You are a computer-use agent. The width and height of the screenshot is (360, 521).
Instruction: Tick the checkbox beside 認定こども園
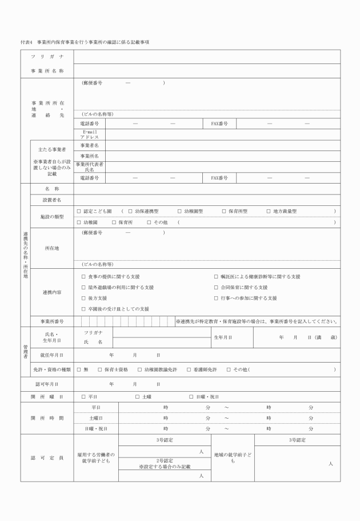point(79,211)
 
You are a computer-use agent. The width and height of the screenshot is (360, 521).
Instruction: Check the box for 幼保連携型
point(130,211)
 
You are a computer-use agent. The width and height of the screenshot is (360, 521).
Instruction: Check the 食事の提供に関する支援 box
point(83,276)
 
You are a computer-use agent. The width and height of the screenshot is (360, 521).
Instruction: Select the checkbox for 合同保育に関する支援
point(216,287)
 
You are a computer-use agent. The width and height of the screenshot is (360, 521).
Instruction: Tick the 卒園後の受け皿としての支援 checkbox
point(83,309)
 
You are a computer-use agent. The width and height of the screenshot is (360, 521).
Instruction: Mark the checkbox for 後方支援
point(83,298)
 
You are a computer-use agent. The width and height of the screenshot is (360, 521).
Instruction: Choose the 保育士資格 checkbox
point(99,369)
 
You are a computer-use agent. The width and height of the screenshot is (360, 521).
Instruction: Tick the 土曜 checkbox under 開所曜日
point(137,396)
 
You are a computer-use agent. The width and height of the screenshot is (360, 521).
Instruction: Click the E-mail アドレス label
point(90,134)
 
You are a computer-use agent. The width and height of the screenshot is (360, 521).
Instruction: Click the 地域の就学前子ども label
point(233,458)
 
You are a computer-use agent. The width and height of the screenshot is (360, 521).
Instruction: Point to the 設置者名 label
point(52,200)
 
